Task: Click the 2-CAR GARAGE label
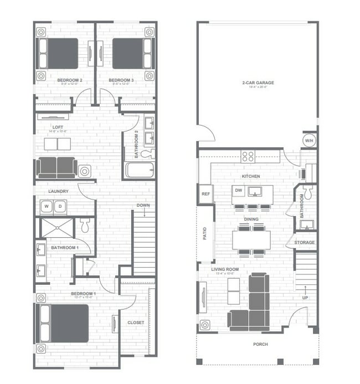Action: pos(258,83)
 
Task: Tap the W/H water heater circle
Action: pos(308,141)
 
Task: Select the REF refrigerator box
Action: pos(205,194)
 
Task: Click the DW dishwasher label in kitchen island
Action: pos(239,191)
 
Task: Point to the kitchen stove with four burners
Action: pos(248,156)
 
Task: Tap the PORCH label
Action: pos(260,344)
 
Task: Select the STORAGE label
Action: pos(304,243)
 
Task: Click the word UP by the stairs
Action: pos(305,298)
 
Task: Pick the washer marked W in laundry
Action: pos(46,207)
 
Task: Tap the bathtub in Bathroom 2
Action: pos(139,170)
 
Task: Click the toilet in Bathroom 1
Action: pos(85,225)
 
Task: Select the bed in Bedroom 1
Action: pos(64,323)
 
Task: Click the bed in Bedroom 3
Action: pos(129,53)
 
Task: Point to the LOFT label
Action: pos(58,126)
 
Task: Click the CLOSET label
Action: pos(136,322)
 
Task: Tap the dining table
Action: pos(251,239)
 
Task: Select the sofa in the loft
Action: pos(56,167)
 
